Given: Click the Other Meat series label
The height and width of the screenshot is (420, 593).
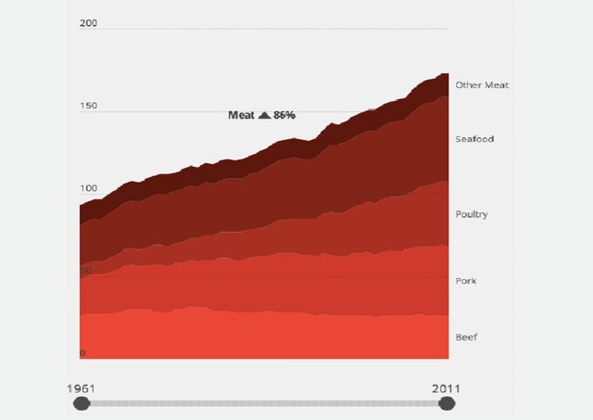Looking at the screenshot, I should click(482, 85).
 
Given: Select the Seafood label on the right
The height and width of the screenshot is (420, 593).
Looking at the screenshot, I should click(474, 139).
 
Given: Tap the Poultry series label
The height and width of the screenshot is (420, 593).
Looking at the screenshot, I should click(472, 214).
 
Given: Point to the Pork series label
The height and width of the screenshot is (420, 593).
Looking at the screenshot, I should click(466, 281).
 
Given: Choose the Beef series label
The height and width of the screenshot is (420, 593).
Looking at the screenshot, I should click(466, 337).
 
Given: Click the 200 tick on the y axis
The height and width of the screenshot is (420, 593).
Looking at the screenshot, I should click(89, 23).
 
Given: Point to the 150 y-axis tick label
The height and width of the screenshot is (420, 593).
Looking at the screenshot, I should click(89, 106).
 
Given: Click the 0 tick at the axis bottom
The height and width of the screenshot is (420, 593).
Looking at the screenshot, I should click(82, 353).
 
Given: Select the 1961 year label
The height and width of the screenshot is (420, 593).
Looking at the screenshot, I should click(82, 388).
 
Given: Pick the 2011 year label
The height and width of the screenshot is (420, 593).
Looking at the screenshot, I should click(446, 388).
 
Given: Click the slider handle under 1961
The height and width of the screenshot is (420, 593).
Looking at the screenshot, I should click(82, 403).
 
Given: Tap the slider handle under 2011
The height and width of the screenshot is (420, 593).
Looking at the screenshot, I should click(447, 403).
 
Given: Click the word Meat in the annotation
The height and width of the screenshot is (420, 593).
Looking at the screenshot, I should click(241, 115).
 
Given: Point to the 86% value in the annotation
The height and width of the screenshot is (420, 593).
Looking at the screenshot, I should click(284, 115).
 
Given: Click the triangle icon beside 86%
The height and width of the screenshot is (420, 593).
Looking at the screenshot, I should click(264, 115).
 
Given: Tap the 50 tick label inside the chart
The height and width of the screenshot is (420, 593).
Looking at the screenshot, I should click(86, 271).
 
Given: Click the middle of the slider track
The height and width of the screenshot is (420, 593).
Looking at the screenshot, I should click(264, 403).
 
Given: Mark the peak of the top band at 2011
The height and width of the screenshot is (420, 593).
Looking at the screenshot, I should click(446, 73).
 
